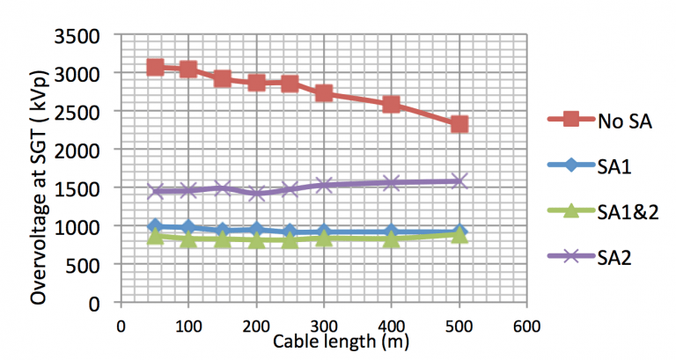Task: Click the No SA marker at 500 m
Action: coord(459,124)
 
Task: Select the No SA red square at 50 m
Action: coord(155,67)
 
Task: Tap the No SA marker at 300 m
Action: coord(324,92)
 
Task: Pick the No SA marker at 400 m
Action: coord(392,104)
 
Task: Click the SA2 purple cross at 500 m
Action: coord(459,181)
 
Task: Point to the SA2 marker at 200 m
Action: coord(256,193)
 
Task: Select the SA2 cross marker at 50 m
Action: coord(155,190)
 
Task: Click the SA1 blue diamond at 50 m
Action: coord(155,227)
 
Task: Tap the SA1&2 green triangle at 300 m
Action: coord(324,237)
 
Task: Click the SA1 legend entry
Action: coord(594,167)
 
